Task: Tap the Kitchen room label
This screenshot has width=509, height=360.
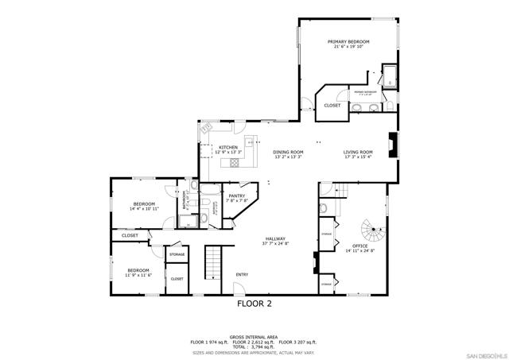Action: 229,147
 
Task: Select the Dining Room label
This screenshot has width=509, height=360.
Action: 288,152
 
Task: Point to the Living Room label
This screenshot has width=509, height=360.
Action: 358,152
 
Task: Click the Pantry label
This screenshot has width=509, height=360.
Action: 236,195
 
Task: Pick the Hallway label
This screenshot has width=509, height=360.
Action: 275,238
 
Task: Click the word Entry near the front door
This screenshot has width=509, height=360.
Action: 242,275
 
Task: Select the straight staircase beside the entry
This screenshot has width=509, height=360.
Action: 212,260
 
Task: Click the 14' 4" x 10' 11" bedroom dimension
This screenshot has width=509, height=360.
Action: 144,208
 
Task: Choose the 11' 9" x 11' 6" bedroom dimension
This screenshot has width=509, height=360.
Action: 138,275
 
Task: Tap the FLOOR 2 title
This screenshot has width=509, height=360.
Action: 254,303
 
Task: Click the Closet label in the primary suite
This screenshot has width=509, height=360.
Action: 332,105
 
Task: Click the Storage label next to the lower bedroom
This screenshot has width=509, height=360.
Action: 177,254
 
